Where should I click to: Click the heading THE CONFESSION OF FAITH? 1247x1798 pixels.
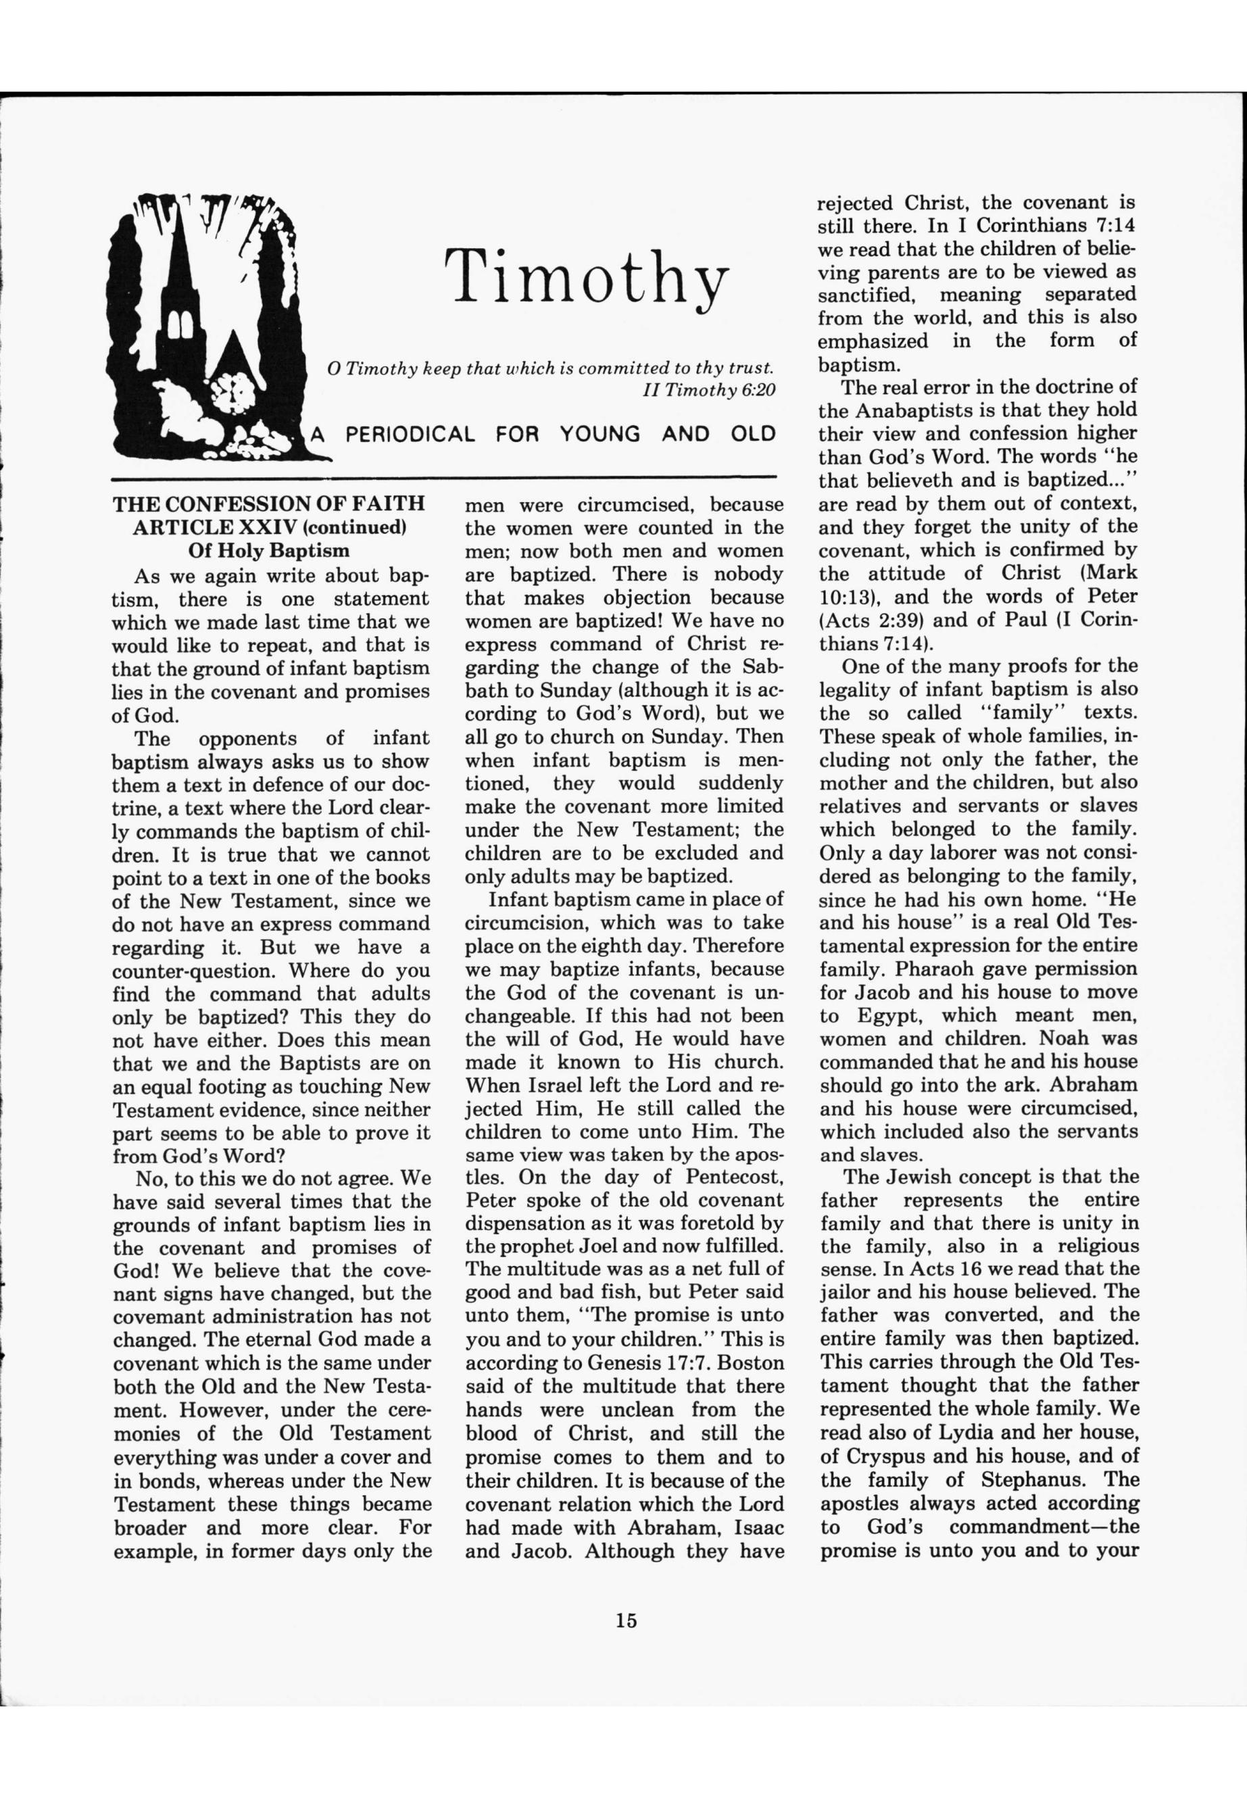point(270,503)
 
